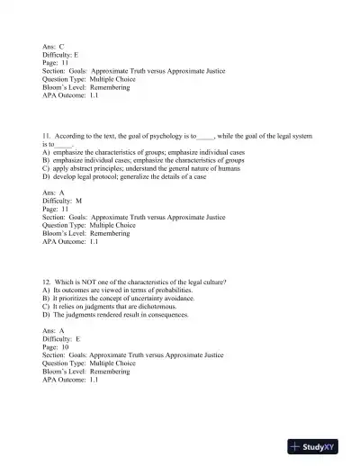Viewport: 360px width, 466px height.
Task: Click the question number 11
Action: tap(48, 136)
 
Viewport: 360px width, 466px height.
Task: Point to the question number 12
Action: tap(48, 282)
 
